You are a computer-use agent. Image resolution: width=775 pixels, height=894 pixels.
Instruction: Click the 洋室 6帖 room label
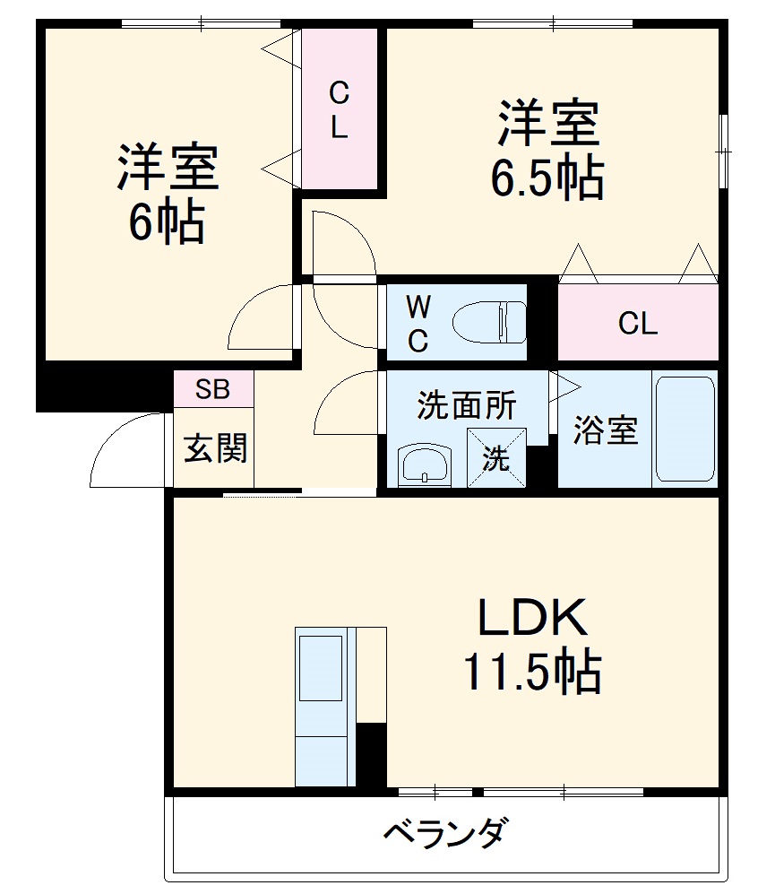point(168,193)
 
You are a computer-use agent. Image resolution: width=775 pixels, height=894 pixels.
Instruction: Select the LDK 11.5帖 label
point(531,644)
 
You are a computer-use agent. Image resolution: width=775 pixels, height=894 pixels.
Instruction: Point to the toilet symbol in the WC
point(489,322)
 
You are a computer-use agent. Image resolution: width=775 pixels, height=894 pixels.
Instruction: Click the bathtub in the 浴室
point(685,429)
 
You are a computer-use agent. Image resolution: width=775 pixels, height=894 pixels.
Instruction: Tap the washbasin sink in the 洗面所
point(426,465)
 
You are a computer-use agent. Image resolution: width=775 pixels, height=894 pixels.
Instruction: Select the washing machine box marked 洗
point(496,457)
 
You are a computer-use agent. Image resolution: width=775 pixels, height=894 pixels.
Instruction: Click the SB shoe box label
point(213,390)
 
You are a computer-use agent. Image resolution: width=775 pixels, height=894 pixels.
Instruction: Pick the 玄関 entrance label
point(215,447)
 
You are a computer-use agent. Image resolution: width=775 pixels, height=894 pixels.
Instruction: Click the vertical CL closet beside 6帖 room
point(339,109)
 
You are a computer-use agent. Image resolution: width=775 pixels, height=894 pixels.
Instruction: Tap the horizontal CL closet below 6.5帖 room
point(638,323)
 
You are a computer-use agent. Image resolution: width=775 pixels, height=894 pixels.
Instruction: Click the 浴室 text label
point(606,430)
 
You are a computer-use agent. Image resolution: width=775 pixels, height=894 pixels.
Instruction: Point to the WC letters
point(418,323)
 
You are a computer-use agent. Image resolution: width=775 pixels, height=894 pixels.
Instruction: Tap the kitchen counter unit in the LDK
point(322,708)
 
